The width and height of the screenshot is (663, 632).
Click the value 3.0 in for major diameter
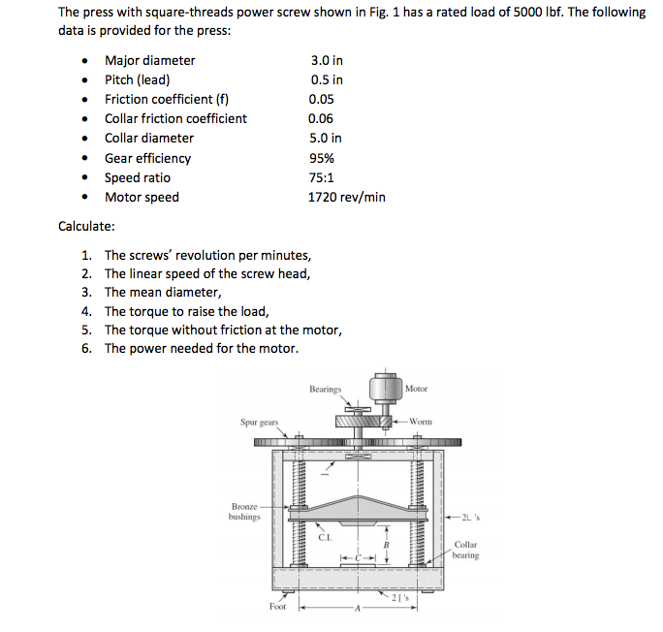click(326, 60)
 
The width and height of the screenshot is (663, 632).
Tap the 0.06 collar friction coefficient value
click(321, 118)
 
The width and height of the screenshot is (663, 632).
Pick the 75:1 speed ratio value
click(322, 177)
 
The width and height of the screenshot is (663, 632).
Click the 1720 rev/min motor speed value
click(346, 197)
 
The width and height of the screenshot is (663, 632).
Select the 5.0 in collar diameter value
click(325, 138)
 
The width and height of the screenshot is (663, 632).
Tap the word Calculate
click(86, 226)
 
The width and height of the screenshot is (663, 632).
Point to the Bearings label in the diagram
click(326, 389)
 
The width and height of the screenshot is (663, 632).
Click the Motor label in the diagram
click(416, 389)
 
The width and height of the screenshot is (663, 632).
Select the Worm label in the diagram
click(420, 422)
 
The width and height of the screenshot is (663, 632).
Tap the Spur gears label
click(259, 422)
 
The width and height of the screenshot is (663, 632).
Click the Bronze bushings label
click(244, 512)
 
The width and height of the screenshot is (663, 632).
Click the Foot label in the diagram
click(277, 607)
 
